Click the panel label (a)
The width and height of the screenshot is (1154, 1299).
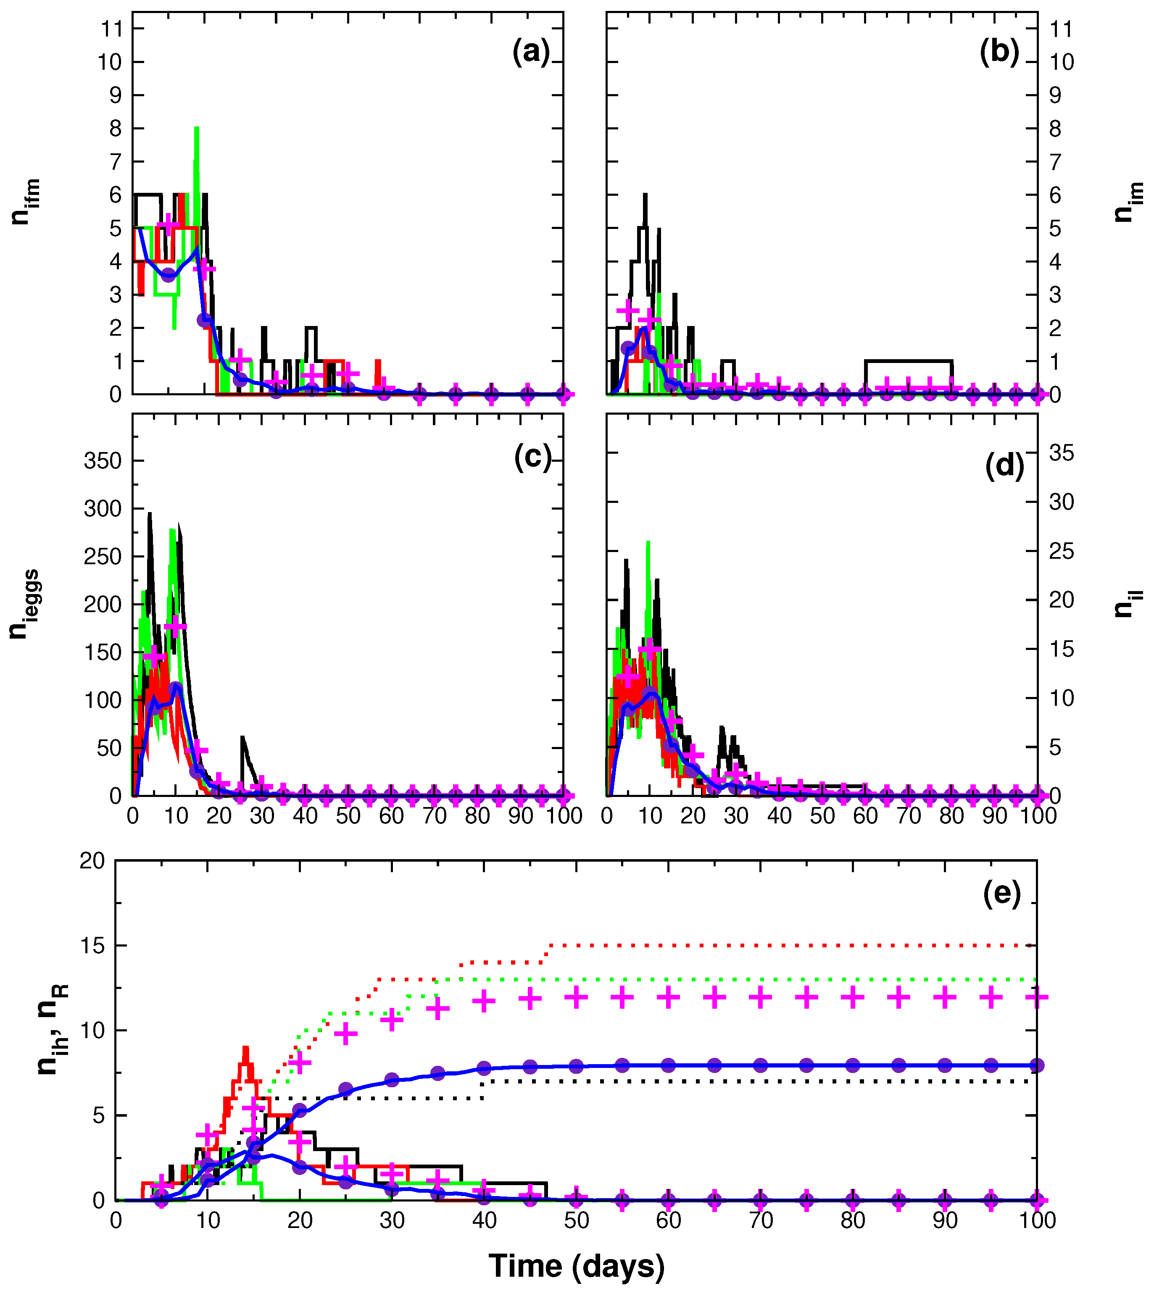click(x=531, y=52)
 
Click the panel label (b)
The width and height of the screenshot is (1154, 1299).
click(x=999, y=52)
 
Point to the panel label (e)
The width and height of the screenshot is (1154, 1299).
click(x=1002, y=894)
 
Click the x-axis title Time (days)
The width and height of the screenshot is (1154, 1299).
click(x=577, y=1265)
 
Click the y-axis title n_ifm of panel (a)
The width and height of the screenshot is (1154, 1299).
click(x=26, y=202)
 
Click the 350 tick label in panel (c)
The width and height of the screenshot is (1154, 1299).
click(x=103, y=461)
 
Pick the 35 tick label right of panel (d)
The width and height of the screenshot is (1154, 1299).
click(x=1061, y=452)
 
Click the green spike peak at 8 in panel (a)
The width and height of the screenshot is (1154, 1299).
click(x=197, y=129)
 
